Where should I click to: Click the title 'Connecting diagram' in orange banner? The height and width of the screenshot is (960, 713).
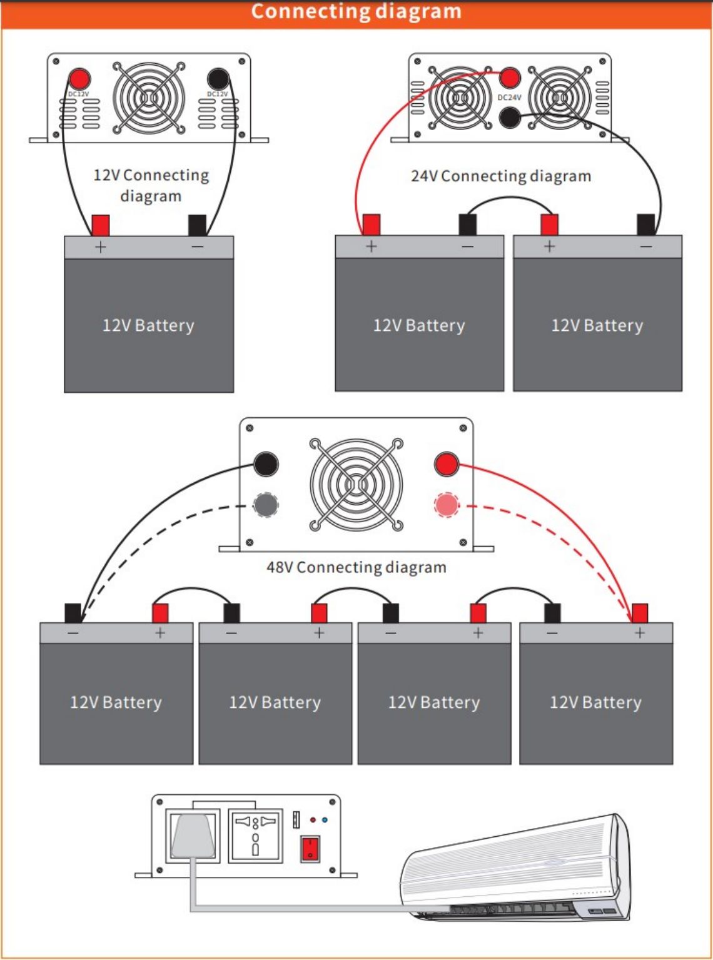356,11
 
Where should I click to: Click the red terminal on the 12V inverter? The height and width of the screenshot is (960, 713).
79,79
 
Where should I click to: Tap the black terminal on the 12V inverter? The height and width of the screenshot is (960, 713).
218,79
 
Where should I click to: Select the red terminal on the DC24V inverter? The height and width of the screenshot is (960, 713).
510,78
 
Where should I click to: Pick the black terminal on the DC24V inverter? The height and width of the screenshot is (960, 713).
510,117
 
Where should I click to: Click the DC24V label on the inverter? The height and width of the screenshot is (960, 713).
509,98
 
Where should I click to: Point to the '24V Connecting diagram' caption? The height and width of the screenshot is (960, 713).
500,176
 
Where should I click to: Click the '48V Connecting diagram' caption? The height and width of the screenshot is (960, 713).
356,567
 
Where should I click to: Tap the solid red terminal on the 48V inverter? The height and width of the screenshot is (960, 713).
446,464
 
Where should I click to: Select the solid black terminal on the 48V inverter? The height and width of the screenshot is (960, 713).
266,464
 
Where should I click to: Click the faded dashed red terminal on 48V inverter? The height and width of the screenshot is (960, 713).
447,505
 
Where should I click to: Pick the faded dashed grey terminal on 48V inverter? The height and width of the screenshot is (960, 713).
266,505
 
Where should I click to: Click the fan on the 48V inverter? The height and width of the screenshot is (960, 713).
356,484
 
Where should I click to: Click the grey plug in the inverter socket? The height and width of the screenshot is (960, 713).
193,836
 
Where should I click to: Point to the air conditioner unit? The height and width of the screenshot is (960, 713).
516,869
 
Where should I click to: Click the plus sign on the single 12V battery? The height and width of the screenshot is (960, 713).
101,248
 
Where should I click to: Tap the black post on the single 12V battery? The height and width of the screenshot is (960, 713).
197,225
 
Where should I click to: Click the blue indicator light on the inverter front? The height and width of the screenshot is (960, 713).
324,819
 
